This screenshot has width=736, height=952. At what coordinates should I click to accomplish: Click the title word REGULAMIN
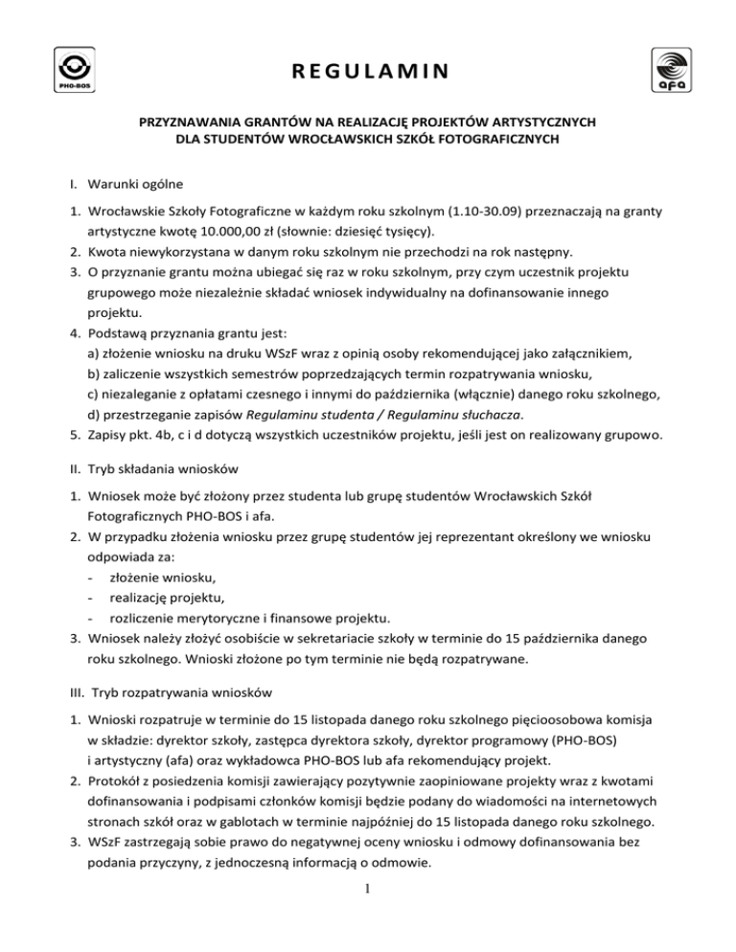point(368,70)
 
